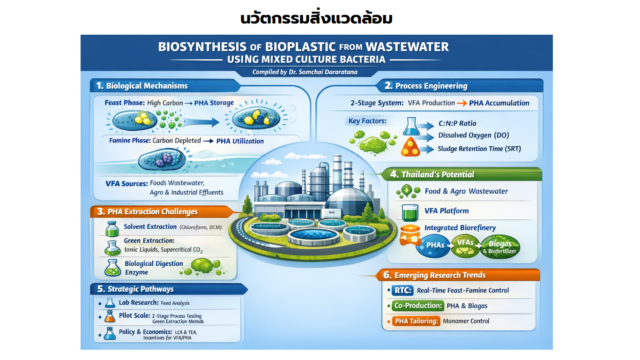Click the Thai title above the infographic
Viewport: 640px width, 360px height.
click(316, 18)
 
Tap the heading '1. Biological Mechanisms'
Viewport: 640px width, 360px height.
click(142, 86)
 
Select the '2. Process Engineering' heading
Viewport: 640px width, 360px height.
click(426, 86)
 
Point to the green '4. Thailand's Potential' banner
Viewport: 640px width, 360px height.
click(461, 174)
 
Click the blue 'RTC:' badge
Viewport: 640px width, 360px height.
click(402, 290)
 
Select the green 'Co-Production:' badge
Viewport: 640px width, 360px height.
click(418, 306)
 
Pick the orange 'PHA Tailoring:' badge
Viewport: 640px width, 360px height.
click(416, 321)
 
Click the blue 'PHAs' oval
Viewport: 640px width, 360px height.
click(434, 246)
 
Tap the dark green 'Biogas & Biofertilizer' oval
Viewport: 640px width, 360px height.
click(500, 247)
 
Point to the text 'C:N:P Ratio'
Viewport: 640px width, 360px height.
click(457, 123)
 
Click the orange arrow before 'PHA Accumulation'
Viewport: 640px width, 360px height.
click(461, 103)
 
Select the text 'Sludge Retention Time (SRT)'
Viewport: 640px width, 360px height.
click(479, 149)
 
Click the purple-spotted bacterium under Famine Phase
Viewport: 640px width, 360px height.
click(162, 159)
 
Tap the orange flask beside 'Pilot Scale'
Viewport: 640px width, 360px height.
click(110, 316)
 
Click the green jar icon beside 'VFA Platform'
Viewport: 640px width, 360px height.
click(410, 212)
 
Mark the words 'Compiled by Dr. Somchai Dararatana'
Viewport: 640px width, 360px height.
click(305, 72)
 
